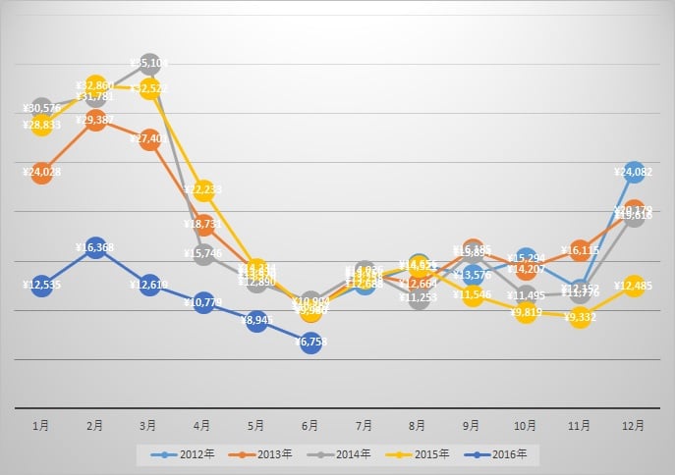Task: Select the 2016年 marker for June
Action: [310, 343]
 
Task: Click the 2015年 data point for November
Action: [580, 317]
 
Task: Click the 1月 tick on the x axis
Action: [41, 426]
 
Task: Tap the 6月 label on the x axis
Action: [310, 426]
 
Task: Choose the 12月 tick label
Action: [634, 426]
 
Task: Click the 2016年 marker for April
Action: [203, 300]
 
